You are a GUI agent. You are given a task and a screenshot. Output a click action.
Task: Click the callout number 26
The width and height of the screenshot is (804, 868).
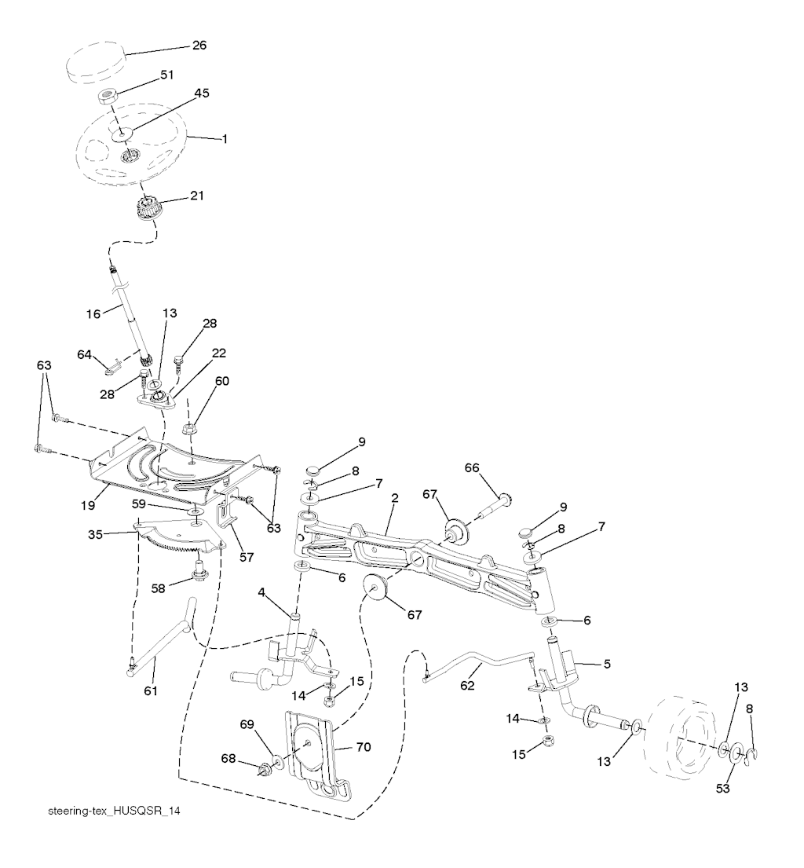coord(199,46)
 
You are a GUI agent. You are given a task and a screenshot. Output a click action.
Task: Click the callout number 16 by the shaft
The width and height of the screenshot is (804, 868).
coord(93,313)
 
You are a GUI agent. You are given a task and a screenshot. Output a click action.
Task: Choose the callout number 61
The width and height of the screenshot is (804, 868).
coord(151,690)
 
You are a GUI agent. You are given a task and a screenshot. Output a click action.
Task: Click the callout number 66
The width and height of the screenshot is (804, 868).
coord(471,468)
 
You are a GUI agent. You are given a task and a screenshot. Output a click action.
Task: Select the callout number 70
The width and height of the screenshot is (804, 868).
coord(364,747)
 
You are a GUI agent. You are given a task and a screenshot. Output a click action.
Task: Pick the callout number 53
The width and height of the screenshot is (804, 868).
coord(723,788)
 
